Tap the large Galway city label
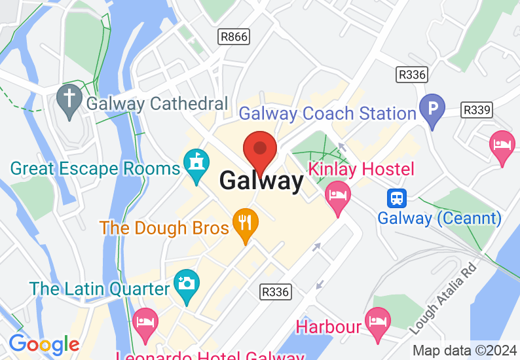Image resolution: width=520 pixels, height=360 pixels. [x=261, y=180]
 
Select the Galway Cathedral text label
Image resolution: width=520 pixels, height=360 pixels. [x=157, y=103]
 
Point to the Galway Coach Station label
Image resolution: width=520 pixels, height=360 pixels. [x=327, y=113]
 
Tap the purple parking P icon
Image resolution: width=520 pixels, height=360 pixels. [x=432, y=107]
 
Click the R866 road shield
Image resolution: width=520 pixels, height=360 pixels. [x=234, y=36]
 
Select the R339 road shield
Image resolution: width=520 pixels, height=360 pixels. [x=476, y=109]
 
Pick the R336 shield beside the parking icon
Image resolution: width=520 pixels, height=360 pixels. [x=412, y=75]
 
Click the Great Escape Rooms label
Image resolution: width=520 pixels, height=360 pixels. [x=95, y=168]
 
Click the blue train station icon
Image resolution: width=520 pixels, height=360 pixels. [x=396, y=197]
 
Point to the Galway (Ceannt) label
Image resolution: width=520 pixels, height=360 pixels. [x=439, y=218]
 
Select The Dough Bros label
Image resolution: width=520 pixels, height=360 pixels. [x=164, y=228]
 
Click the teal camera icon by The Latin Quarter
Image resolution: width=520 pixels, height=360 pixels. [x=186, y=284]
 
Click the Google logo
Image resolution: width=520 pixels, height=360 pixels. [x=44, y=344]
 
